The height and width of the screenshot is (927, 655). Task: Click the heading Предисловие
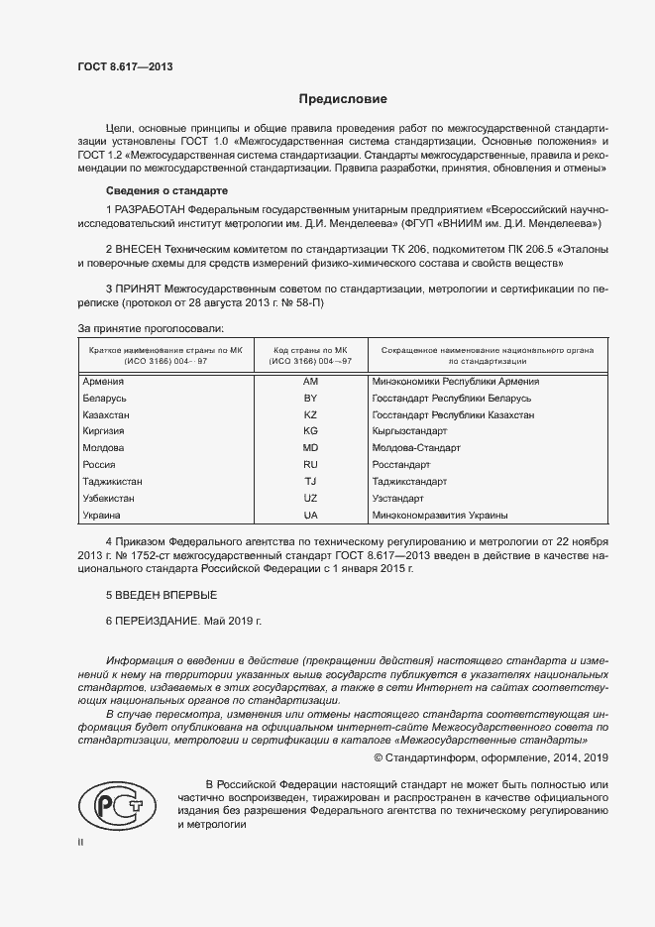344,99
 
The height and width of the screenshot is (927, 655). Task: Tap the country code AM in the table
310,382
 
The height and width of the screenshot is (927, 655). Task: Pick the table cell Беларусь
105,399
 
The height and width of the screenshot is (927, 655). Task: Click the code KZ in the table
310,415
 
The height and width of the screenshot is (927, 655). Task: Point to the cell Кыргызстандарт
409,432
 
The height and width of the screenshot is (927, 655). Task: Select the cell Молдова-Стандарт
416,449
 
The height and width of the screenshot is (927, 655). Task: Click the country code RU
310,465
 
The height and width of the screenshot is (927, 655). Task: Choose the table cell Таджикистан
114,482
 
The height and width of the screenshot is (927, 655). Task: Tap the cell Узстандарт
397,499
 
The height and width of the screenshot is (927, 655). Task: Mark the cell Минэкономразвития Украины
440,516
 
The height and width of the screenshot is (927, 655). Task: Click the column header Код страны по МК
310,351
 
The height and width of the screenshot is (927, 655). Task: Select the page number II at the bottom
80,842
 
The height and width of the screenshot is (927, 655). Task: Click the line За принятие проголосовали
150,327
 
